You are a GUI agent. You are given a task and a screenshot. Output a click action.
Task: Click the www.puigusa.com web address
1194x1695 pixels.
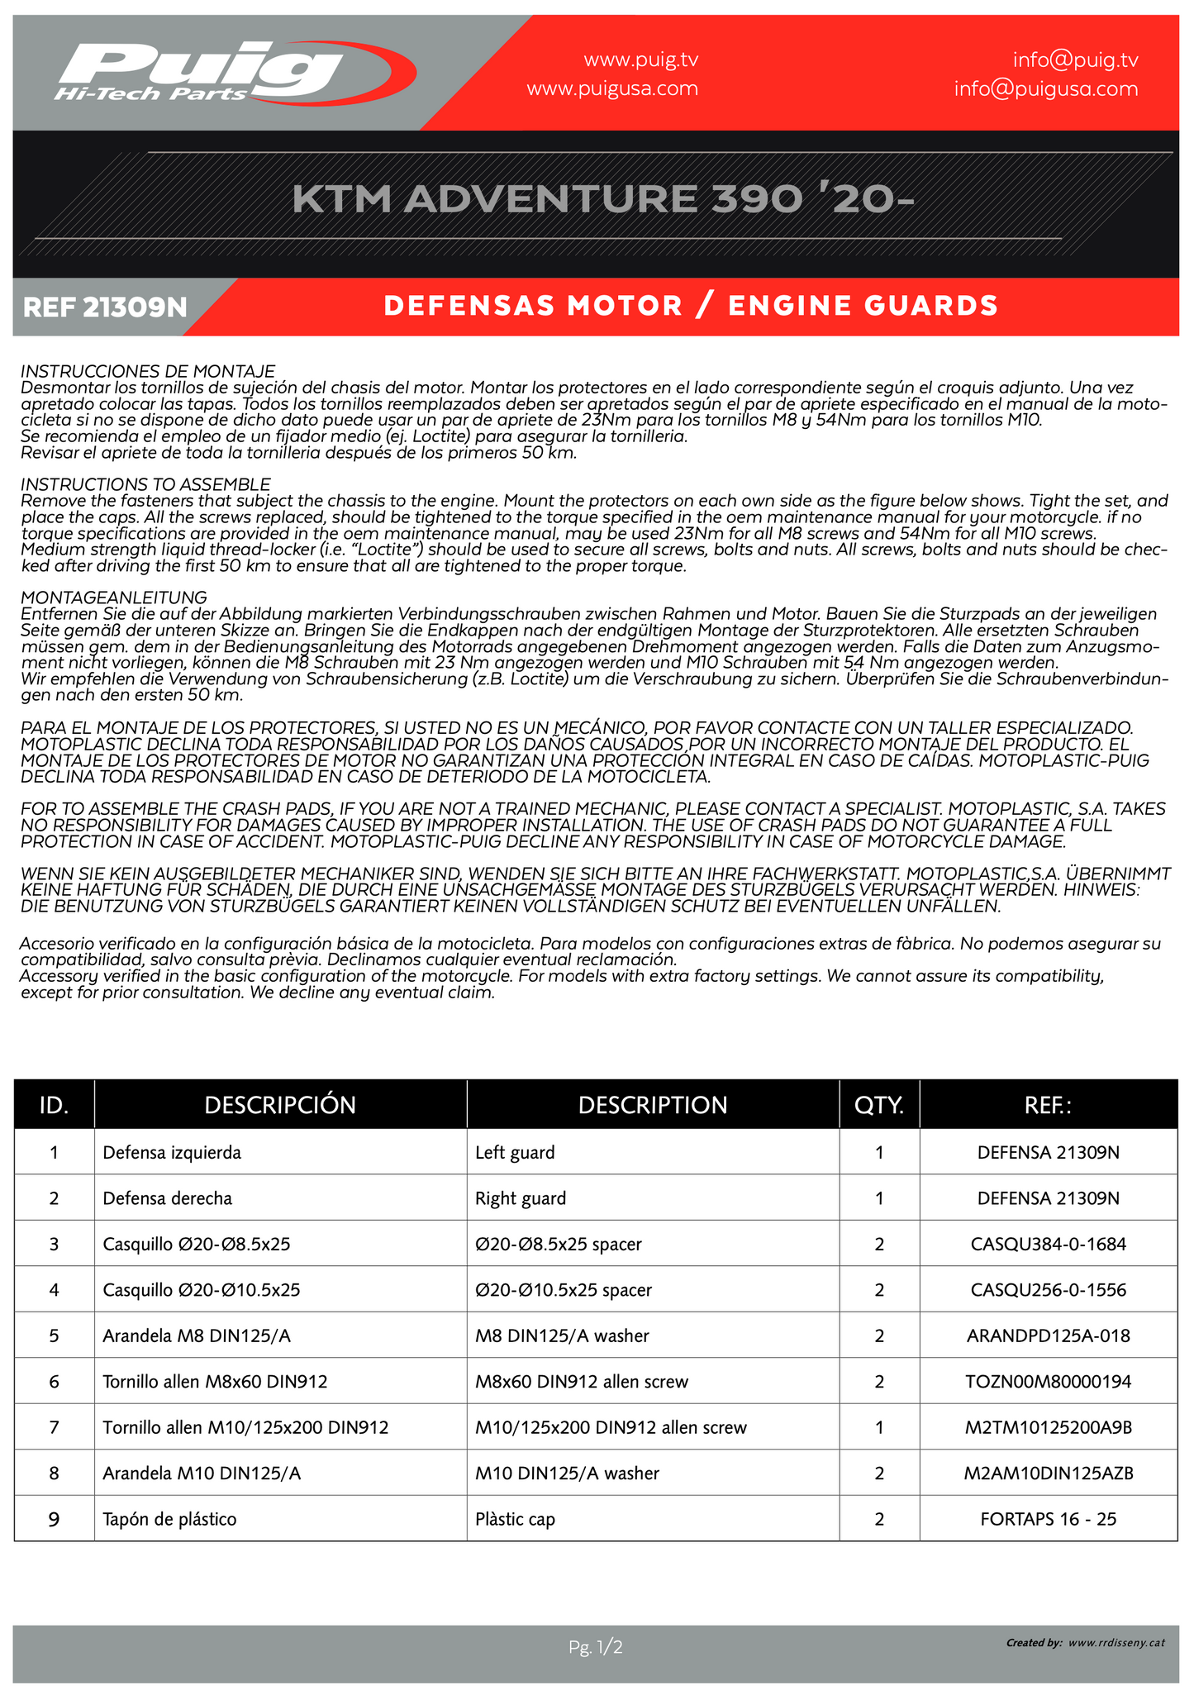coord(612,88)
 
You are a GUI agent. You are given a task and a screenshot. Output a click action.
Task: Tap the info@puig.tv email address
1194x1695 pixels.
coord(1075,60)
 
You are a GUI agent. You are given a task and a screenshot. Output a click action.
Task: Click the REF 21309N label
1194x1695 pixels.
coord(105,307)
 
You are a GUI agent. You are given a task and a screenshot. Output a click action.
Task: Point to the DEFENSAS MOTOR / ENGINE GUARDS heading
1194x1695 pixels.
coord(691,306)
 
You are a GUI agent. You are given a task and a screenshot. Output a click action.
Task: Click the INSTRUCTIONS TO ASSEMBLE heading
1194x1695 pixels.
coord(145,483)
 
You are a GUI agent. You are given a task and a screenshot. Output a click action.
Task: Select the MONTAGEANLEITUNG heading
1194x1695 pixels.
coord(113,597)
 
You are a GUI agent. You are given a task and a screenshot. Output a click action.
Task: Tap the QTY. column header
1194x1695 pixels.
coord(879,1105)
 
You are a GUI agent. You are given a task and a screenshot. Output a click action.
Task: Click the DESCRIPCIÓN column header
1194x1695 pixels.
coord(280,1105)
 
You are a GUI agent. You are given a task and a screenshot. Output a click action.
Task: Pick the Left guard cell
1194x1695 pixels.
coord(515,1152)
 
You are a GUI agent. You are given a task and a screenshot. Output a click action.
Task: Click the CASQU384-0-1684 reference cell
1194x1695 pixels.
coord(1048,1244)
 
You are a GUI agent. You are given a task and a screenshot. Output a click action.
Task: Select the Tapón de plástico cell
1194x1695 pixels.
coord(169,1518)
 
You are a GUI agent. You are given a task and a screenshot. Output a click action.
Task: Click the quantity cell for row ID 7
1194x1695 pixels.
coord(879,1427)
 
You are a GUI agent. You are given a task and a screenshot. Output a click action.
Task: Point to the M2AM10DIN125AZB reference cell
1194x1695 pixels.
coord(1048,1473)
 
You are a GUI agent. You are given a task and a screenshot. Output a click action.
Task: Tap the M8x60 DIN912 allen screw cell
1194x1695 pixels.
coord(582,1381)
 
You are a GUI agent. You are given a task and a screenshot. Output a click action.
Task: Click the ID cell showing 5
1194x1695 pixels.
coord(54,1336)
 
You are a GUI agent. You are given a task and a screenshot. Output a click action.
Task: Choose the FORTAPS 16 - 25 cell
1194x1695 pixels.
coord(1048,1518)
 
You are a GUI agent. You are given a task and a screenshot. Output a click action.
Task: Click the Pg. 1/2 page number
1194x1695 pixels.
coord(595,1647)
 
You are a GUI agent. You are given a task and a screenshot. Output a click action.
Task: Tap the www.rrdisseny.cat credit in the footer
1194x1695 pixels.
coord(1116,1643)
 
